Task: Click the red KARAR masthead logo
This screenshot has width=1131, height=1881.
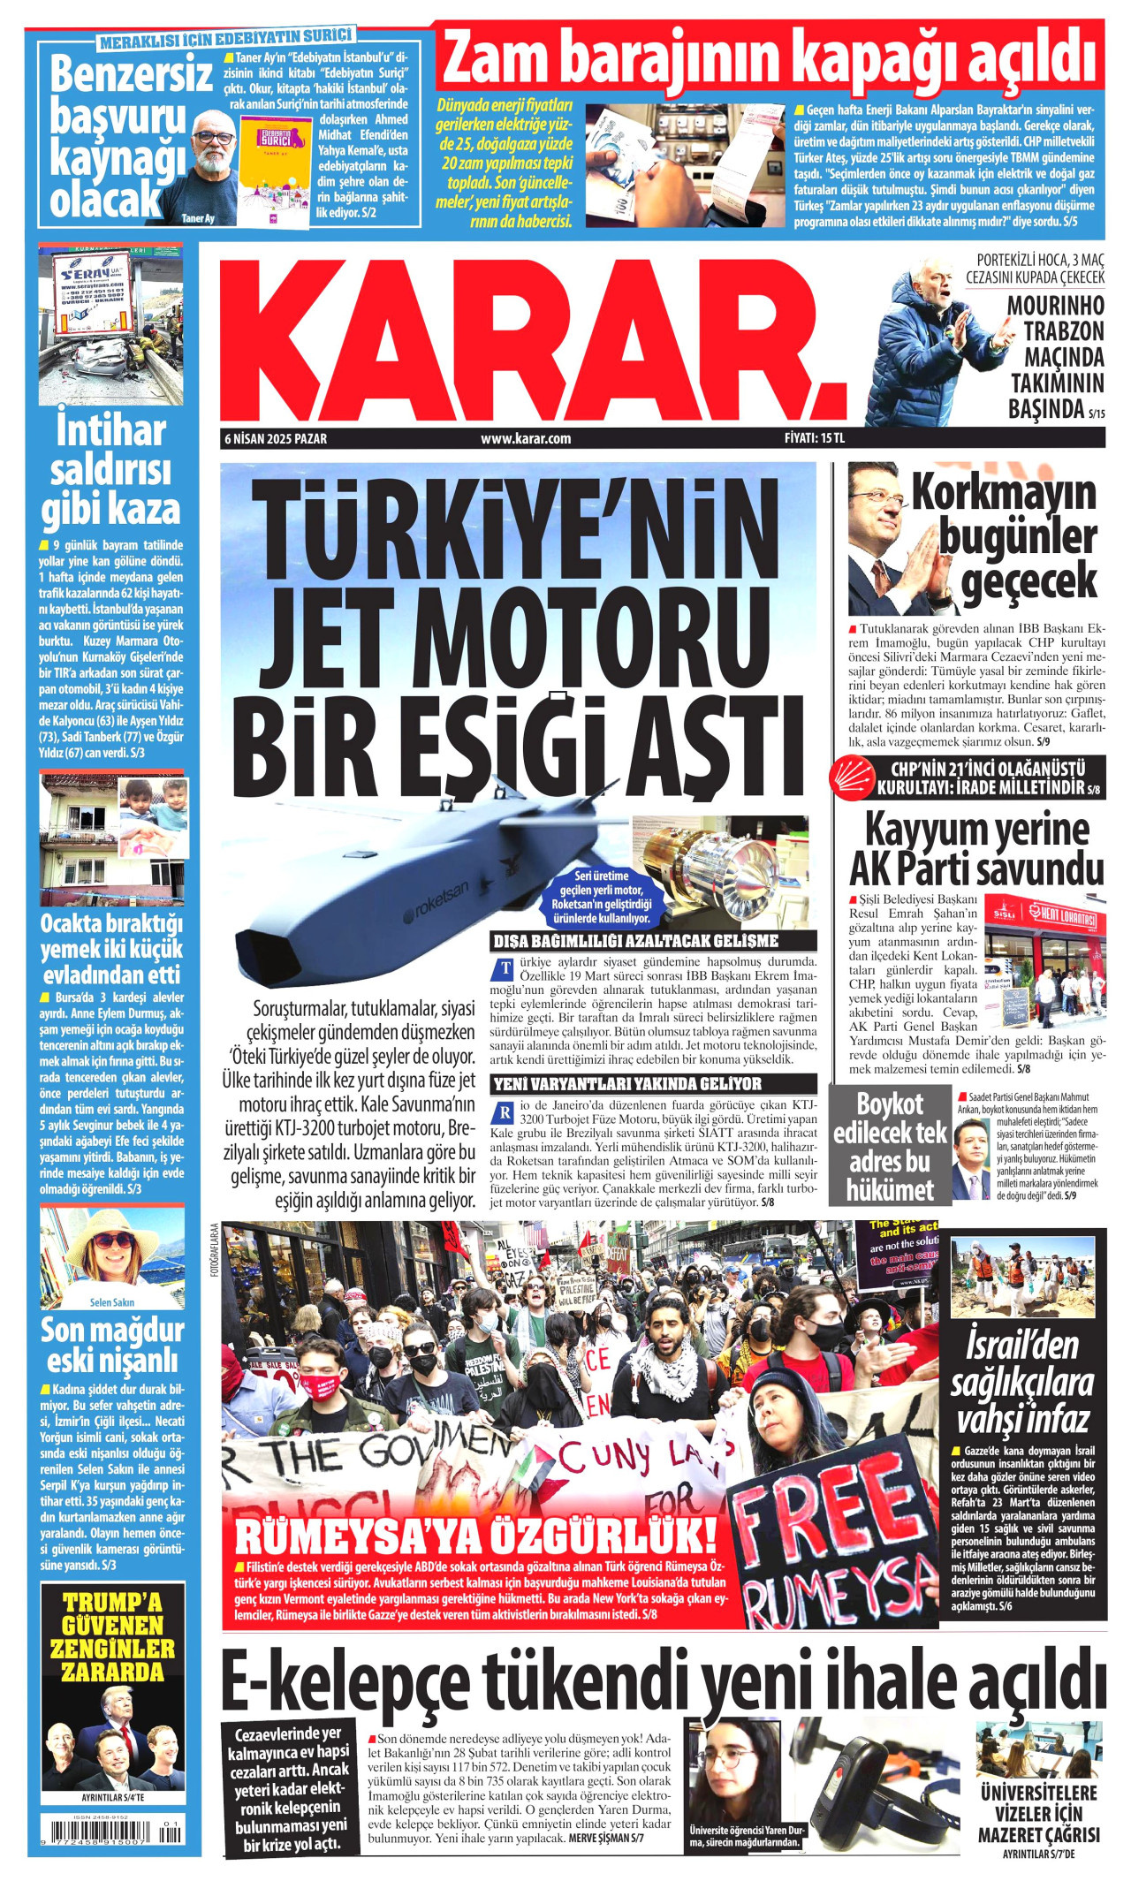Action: pos(530,340)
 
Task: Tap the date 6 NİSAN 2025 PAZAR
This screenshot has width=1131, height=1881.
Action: pos(276,438)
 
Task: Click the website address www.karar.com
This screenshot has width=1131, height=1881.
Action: pos(526,438)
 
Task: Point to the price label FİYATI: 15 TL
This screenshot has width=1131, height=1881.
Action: pos(814,438)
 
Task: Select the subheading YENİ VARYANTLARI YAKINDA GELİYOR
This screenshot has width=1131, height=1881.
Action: pos(626,1084)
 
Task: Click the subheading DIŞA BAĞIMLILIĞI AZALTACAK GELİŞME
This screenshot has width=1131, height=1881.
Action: pos(635,941)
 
